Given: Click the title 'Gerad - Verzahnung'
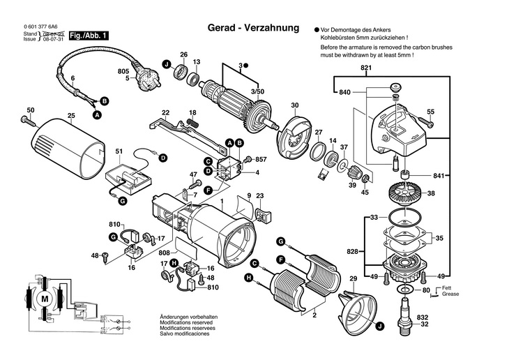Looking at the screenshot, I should coord(253,29).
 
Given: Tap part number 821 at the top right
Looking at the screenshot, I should coord(366,68).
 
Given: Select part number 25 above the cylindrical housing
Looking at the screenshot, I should coord(71,115).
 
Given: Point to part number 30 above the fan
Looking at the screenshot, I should coord(294,105).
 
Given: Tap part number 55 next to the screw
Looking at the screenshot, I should coord(430,112).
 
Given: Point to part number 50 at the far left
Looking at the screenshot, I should coord(30,110).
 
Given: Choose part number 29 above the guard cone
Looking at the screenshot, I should coord(354,280).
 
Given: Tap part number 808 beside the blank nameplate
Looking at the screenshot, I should coord(164,252).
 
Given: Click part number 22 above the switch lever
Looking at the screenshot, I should coord(166,112).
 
